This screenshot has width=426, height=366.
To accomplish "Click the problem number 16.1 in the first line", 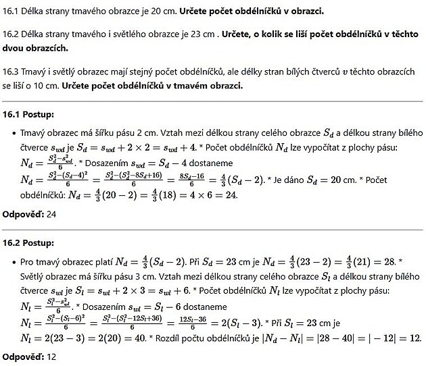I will (11, 11).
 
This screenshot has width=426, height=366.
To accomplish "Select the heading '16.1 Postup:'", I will (29, 115).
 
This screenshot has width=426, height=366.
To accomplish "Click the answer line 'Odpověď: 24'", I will (29, 215).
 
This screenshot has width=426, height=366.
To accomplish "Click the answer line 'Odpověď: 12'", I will (29, 356).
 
